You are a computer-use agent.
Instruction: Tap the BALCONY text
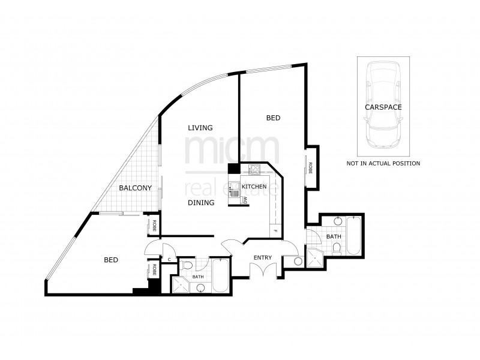(135, 188)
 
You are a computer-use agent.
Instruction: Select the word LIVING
(200, 128)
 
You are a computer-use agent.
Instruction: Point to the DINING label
(200, 203)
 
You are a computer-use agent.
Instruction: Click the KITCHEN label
(254, 187)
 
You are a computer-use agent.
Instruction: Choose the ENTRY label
(262, 258)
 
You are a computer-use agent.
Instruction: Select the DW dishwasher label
(245, 202)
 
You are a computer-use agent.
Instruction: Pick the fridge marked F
(274, 230)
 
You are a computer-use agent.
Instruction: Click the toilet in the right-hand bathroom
(337, 247)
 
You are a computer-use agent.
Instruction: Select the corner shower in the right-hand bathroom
(314, 257)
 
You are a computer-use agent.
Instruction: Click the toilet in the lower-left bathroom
(187, 265)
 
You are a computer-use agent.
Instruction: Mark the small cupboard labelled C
(170, 260)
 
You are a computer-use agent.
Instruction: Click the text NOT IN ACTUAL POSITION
(383, 163)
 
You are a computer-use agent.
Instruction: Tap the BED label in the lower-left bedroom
(111, 260)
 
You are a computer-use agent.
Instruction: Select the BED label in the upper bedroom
(273, 119)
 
